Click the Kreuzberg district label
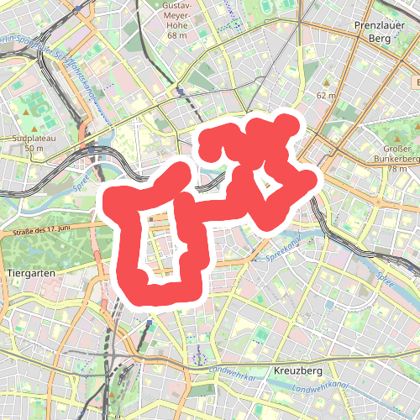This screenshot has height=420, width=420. (298, 370)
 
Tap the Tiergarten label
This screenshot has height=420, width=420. (30, 274)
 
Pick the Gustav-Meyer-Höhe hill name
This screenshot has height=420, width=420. (176, 18)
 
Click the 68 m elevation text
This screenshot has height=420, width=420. (176, 35)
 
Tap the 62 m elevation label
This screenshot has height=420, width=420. (326, 96)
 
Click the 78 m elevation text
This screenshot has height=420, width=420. (396, 169)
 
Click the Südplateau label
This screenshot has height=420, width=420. (34, 138)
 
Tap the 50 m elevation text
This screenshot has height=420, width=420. (34, 149)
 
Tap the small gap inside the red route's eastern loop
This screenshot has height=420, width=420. (270, 186)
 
